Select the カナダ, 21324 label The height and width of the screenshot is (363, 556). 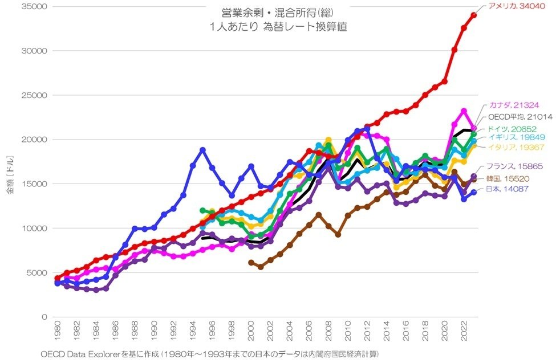[x=513, y=105]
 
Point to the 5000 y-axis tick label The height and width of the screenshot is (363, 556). [x=35, y=272]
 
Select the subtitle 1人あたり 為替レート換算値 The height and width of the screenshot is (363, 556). [x=278, y=27]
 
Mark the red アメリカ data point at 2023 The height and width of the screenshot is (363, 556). [x=474, y=15]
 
